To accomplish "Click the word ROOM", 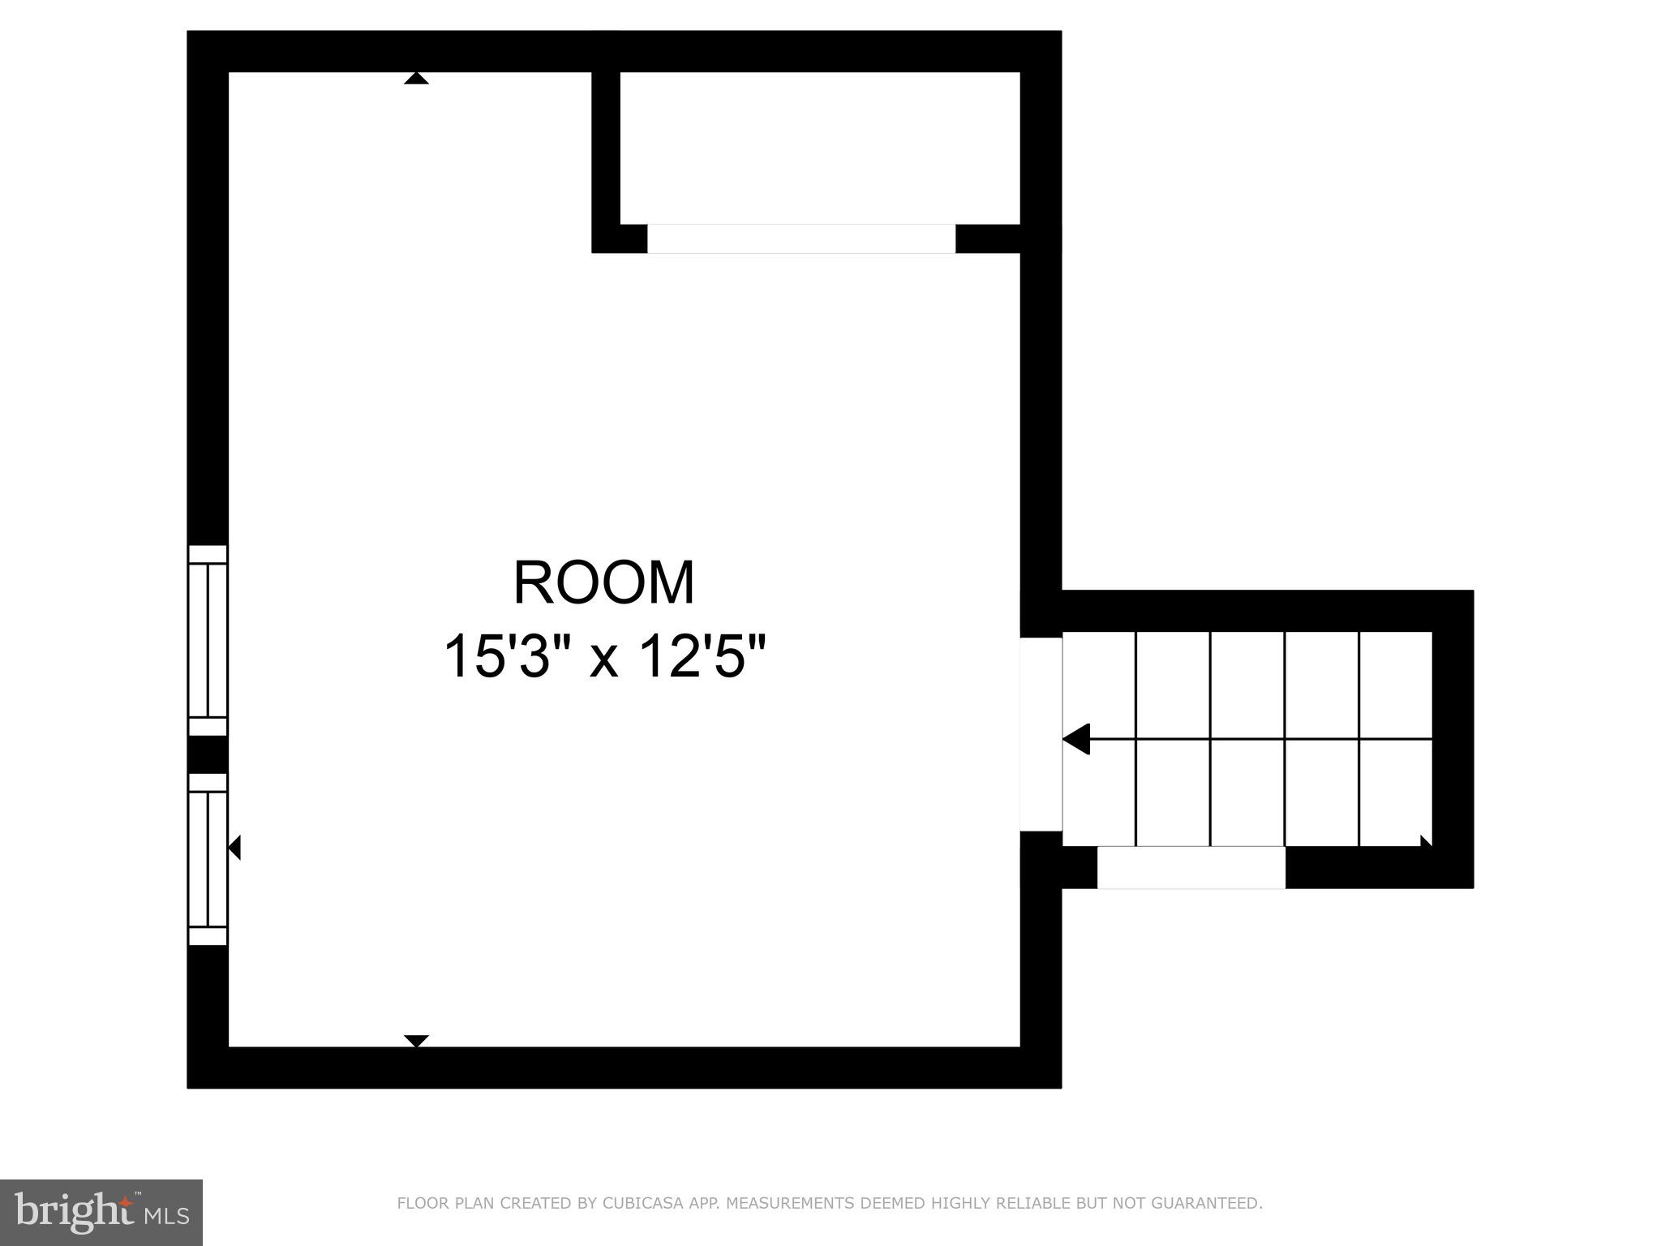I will (604, 583).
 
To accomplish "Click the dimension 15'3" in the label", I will (496, 656).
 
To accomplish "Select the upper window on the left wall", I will (208, 641).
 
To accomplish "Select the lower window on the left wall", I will (208, 859).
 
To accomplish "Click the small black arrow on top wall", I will (416, 78).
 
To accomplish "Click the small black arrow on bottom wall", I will (416, 1041).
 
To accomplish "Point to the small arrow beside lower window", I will (234, 848).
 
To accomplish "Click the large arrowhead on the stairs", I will (1076, 740).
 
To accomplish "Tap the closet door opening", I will (800, 239).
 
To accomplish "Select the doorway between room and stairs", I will (1041, 734).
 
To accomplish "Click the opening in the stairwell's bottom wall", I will (1191, 867).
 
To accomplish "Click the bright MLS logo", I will (101, 1212).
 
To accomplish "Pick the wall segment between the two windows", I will (208, 754).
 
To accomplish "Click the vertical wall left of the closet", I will (606, 154).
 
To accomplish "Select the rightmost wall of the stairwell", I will (1453, 738).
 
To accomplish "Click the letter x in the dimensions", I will (604, 659).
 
